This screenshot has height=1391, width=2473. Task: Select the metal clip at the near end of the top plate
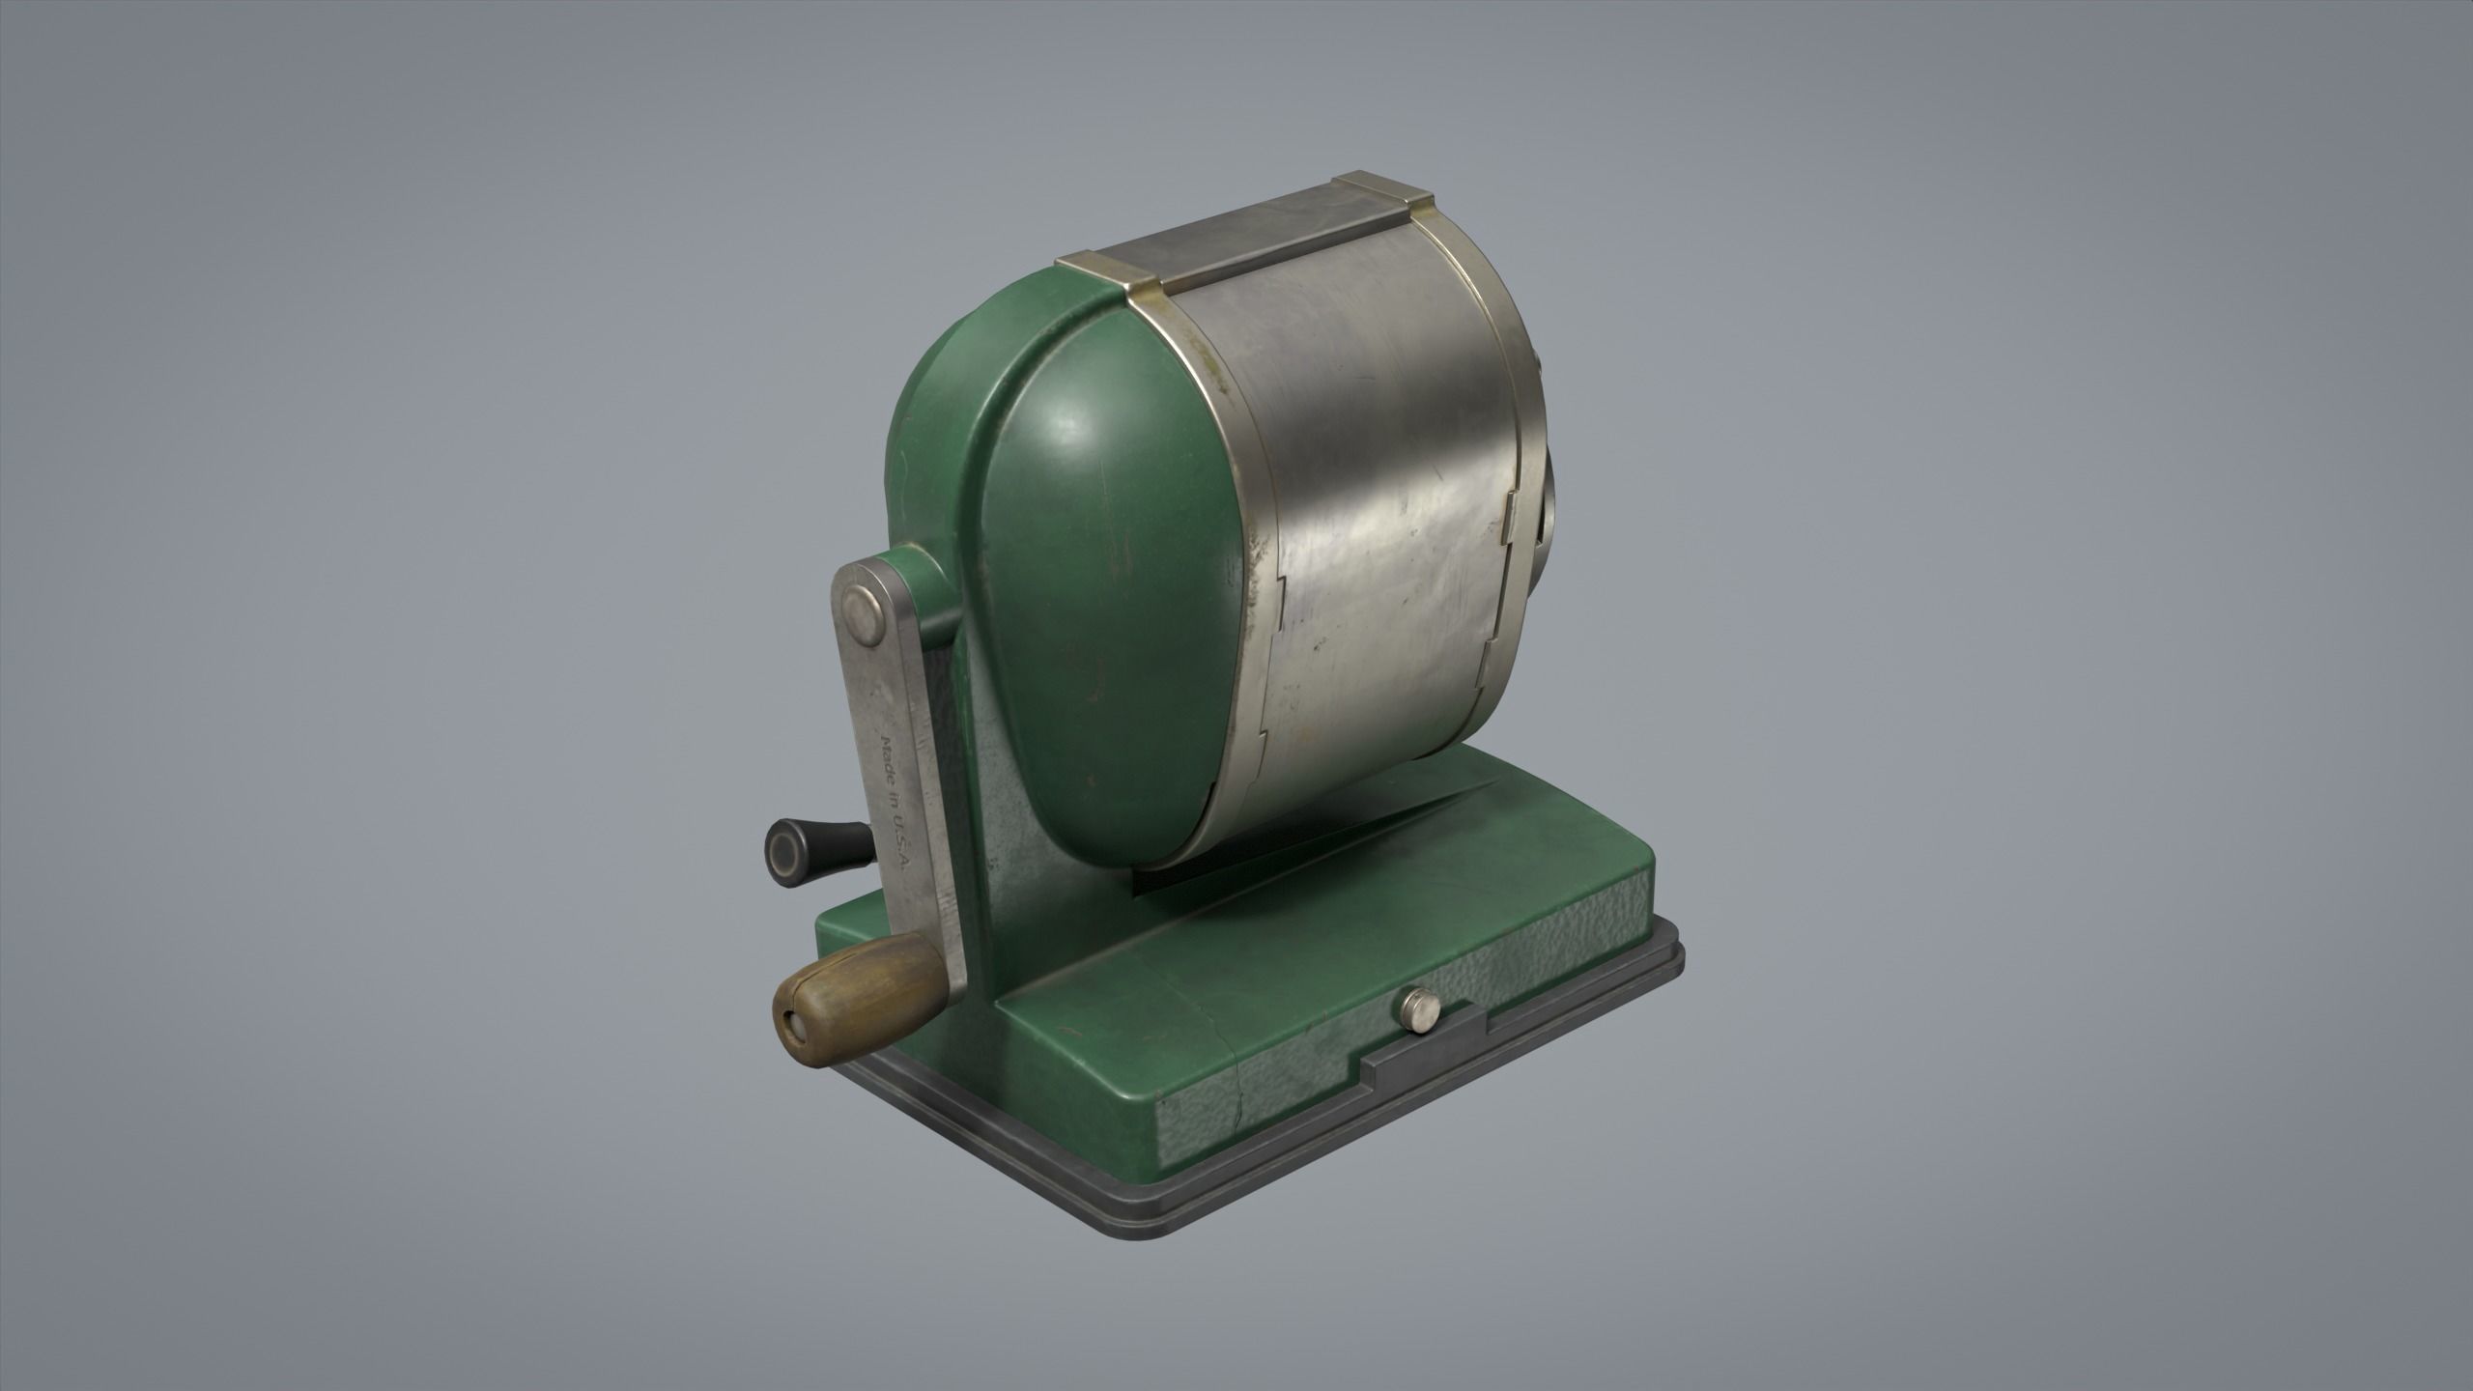(x=1101, y=275)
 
